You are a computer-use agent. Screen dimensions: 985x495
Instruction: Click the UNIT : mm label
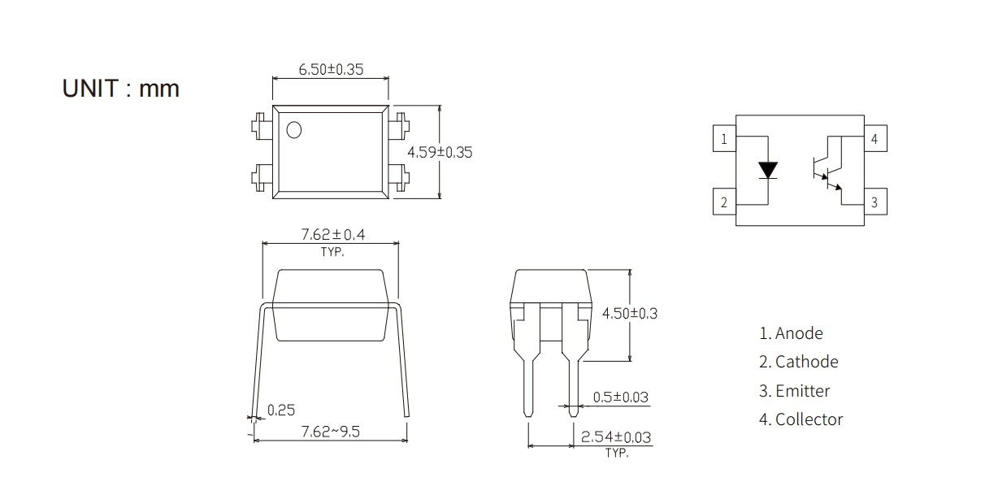120,89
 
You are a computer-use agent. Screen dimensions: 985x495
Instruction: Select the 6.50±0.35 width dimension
331,69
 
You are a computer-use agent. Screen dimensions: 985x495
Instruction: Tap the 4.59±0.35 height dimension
440,152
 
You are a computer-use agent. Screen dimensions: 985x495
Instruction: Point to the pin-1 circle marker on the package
293,130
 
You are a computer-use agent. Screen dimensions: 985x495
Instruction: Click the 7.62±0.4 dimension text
333,234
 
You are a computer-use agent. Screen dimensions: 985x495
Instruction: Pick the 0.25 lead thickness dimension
281,410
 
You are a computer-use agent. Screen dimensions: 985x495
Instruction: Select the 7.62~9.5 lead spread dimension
330,432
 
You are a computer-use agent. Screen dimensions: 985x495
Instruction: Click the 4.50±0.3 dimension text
629,314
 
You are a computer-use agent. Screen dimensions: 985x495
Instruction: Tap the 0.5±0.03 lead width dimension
620,397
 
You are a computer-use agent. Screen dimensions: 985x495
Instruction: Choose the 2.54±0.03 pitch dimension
616,437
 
